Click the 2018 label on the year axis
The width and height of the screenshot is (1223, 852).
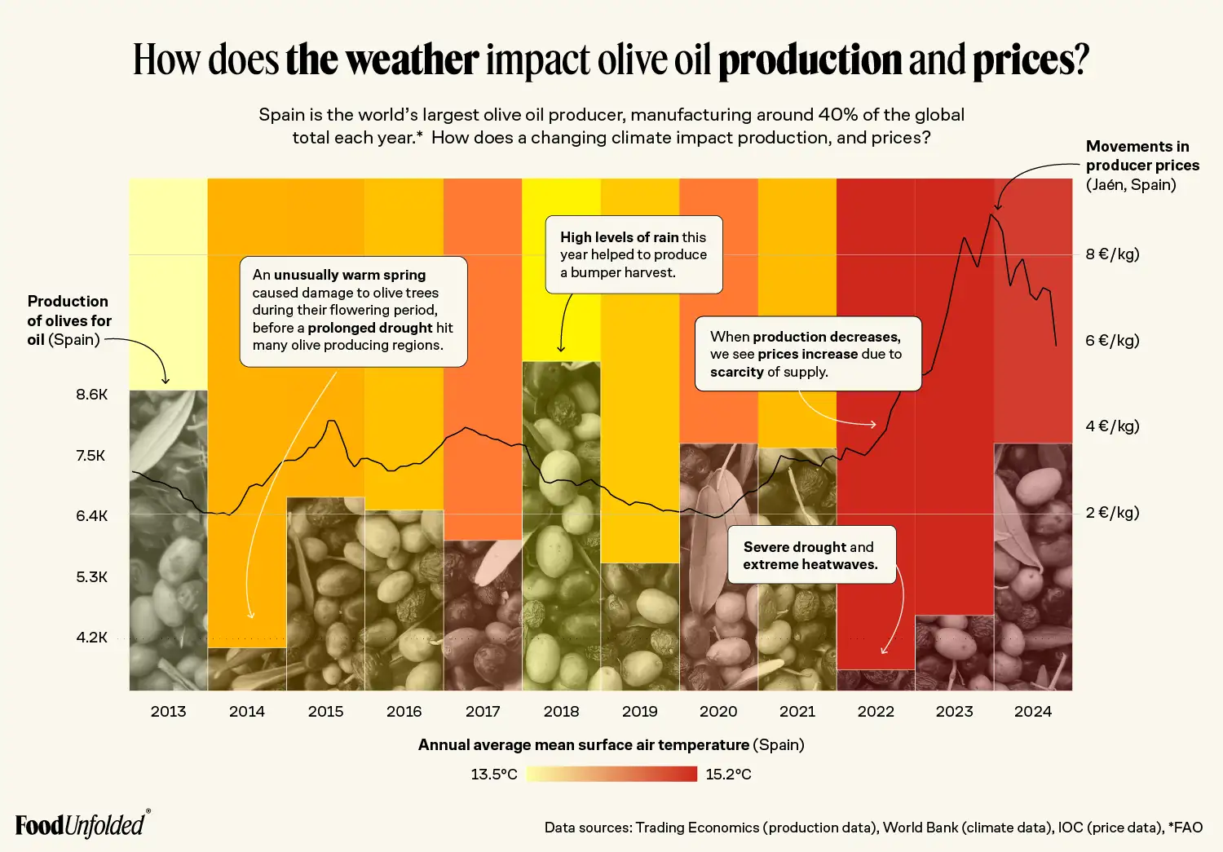(x=561, y=711)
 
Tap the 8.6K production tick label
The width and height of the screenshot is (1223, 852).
(x=92, y=395)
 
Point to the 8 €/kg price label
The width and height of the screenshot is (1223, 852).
(x=1112, y=254)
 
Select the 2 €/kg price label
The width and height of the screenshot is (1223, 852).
(x=1112, y=513)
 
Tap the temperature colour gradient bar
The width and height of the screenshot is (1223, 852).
(x=611, y=774)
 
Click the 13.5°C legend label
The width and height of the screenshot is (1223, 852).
(x=494, y=774)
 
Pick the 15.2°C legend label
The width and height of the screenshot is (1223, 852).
(x=728, y=774)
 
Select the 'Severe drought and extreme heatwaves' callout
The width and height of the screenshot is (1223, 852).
(x=811, y=555)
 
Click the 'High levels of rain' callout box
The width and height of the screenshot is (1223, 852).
(x=634, y=254)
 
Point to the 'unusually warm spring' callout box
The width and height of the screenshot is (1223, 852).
(x=353, y=311)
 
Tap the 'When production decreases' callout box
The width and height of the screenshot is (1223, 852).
(x=807, y=354)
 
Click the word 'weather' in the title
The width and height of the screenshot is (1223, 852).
(x=382, y=60)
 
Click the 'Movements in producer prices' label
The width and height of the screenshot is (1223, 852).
(x=1141, y=165)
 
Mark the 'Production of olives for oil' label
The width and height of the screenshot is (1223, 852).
(x=68, y=320)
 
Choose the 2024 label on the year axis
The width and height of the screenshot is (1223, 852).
(x=1032, y=711)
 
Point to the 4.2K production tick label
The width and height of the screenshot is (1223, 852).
(x=92, y=638)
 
